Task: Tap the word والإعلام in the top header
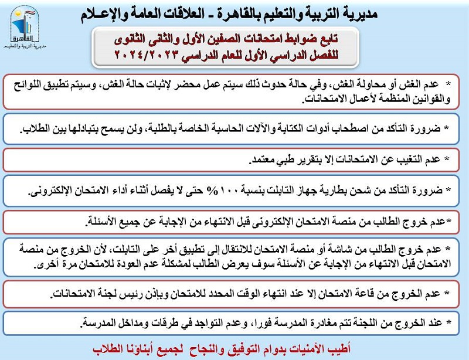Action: click(x=110, y=13)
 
